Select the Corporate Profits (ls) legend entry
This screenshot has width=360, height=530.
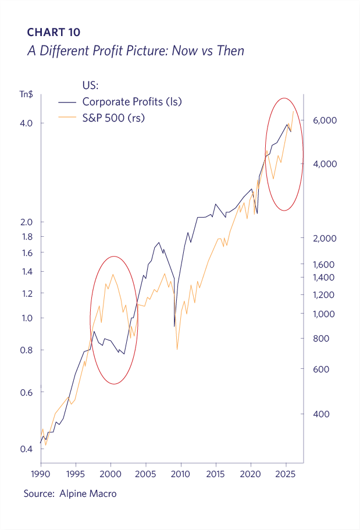point(132,102)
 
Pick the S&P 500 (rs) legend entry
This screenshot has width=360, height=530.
point(113,118)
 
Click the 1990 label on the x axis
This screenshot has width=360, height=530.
point(41,474)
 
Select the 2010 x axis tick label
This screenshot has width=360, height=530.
point(181,474)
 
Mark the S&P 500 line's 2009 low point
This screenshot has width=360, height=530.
point(177,349)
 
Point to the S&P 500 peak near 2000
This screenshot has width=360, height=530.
point(112,275)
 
